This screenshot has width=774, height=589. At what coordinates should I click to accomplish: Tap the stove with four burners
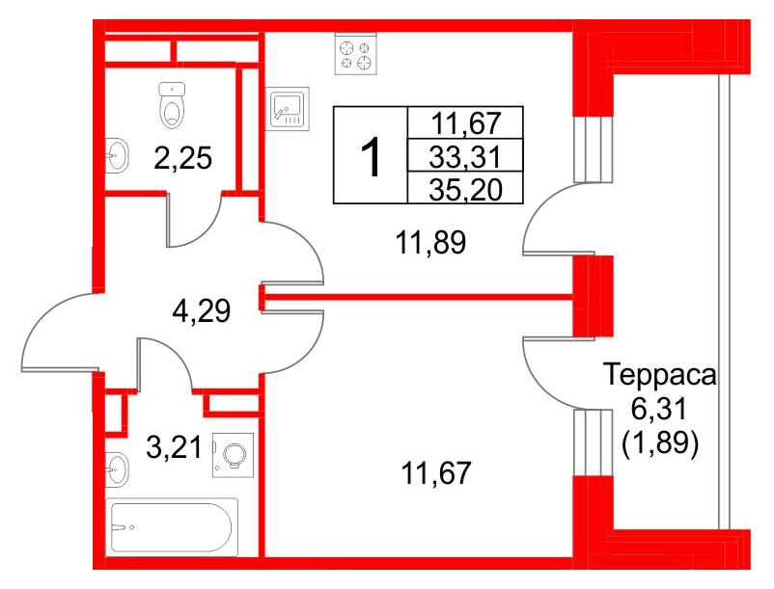click(354, 53)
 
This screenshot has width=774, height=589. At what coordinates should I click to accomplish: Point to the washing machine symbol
click(233, 453)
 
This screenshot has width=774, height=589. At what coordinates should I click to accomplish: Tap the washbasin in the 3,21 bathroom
click(117, 469)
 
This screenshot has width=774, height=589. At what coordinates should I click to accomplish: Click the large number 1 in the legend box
click(370, 156)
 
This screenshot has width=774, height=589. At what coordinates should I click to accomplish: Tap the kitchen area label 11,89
click(431, 244)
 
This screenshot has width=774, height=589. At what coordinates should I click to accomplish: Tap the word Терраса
click(660, 374)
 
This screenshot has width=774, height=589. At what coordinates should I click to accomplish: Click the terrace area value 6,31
click(660, 410)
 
